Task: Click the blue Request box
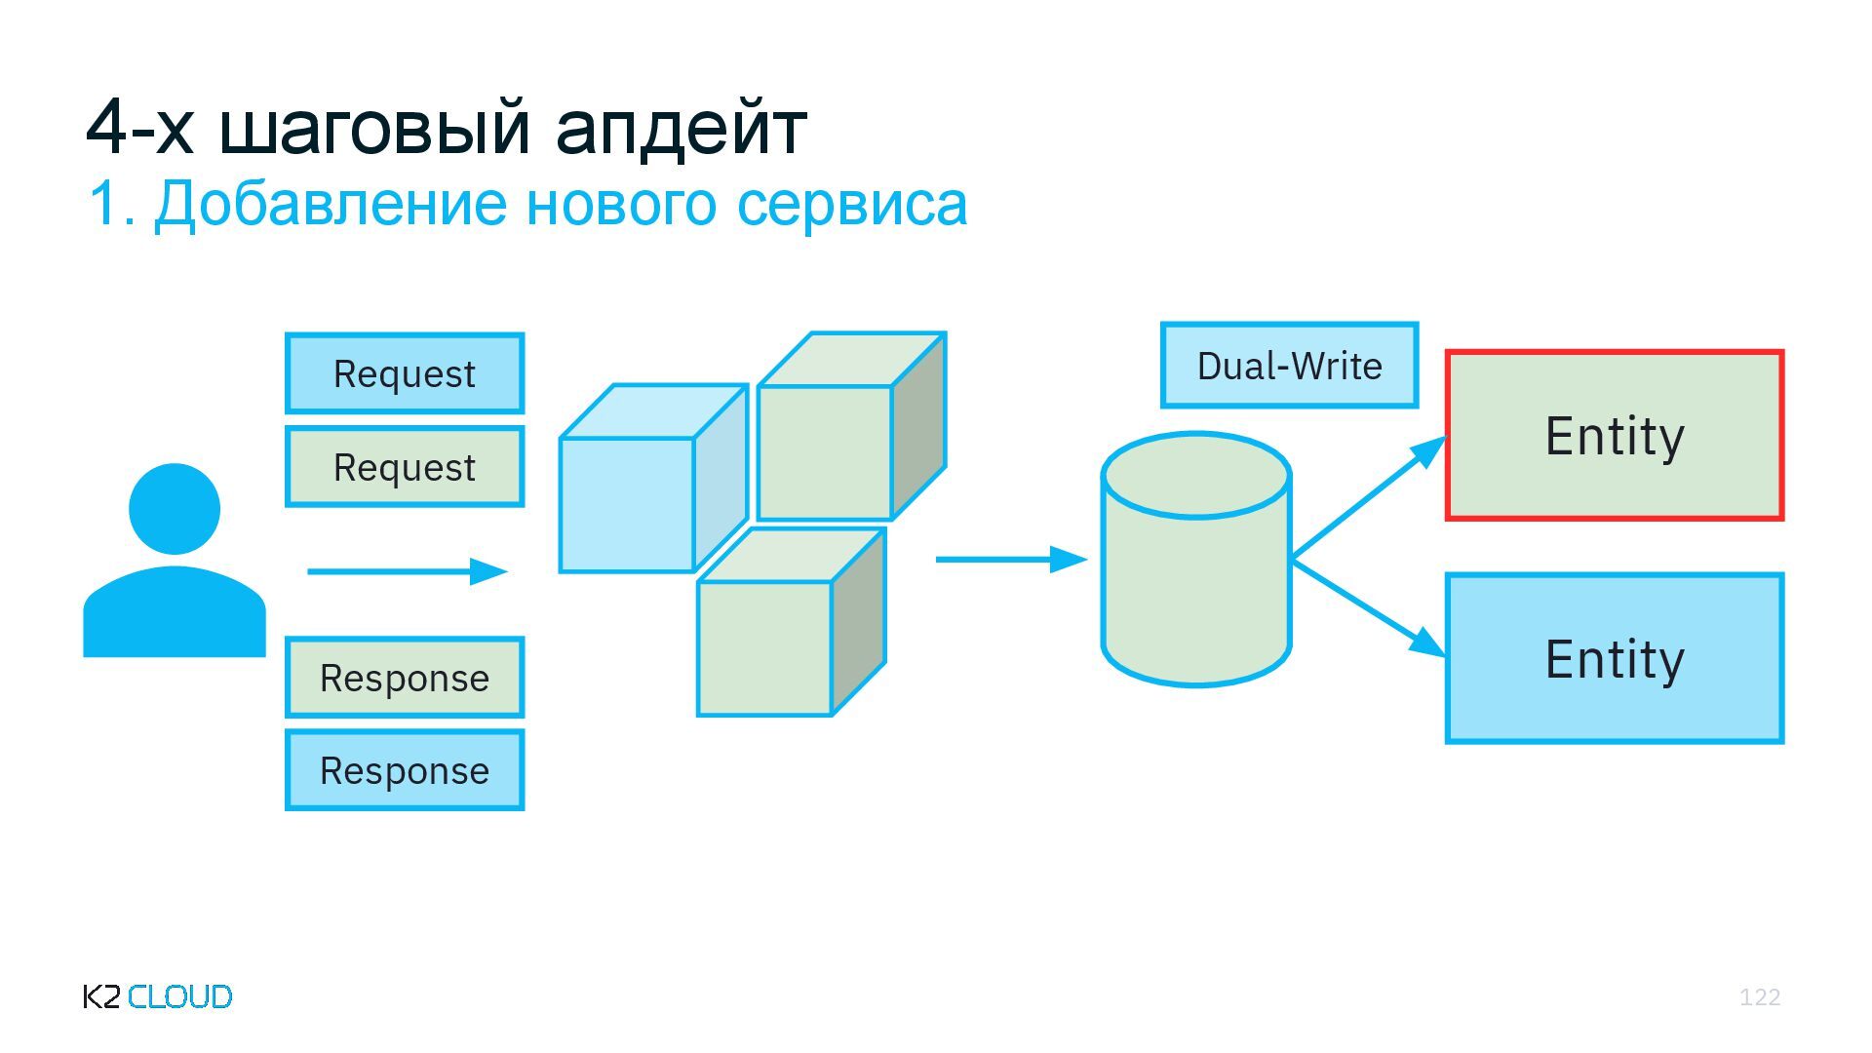pos(405,373)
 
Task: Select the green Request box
pos(405,467)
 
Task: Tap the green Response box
pos(405,678)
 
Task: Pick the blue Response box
pos(405,770)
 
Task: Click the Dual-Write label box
pos(1289,366)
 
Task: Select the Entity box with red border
pos(1615,435)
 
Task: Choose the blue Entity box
pos(1615,659)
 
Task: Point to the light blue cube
pos(627,502)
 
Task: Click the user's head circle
pos(175,508)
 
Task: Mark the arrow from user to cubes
pos(408,571)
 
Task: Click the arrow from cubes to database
pos(1010,560)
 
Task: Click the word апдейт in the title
pos(681,127)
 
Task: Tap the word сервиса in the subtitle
pos(851,204)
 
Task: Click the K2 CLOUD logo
pos(158,996)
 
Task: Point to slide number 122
pos(1760,996)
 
